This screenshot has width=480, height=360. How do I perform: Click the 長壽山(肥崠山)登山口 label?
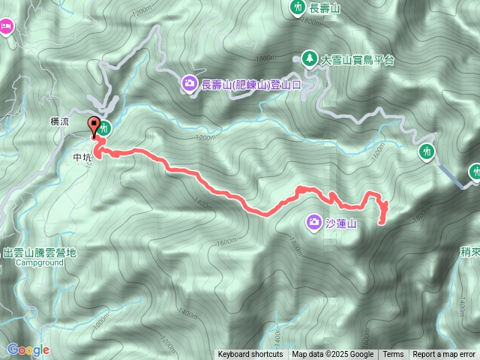point(250,84)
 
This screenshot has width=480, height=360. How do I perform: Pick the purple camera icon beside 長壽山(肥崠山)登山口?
point(190,83)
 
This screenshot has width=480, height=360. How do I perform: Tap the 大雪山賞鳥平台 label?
point(357,58)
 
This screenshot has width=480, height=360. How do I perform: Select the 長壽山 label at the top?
point(325,8)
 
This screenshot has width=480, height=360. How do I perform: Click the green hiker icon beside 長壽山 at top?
point(297,7)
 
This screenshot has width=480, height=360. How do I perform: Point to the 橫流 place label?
point(58,120)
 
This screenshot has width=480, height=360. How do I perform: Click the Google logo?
point(28,349)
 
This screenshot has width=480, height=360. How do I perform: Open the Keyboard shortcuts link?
point(250,355)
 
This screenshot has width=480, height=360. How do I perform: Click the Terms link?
point(393,355)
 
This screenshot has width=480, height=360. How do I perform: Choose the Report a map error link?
point(444,355)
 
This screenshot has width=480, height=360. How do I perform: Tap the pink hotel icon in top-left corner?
point(5,27)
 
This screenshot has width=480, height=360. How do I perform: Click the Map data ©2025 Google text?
point(333,355)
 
